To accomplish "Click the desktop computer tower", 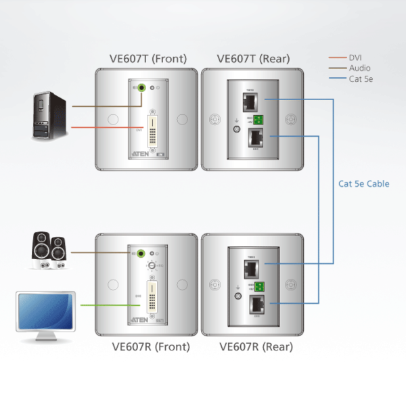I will point(51,116).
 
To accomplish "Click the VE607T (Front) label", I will point(148,58).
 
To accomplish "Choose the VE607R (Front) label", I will point(150,348).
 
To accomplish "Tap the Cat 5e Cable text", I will point(364,183).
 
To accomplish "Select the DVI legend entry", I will point(355,58).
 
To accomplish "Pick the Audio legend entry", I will point(359,68).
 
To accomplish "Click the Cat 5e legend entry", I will point(361,79).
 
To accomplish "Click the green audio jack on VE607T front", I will point(143,87).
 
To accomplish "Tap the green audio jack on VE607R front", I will point(143,254).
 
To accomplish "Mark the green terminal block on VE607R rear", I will point(259,286).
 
